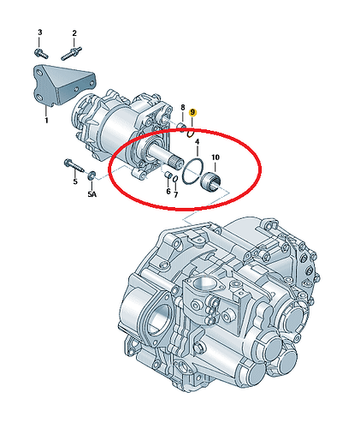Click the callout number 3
pyautogui.click(x=40, y=33)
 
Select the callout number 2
pyautogui.click(x=74, y=33)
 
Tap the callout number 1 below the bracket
pyautogui.click(x=46, y=121)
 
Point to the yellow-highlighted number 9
pyautogui.click(x=193, y=112)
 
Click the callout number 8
pyautogui.click(x=183, y=108)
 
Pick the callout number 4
pyautogui.click(x=198, y=142)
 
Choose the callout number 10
pyautogui.click(x=215, y=157)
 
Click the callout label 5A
pyautogui.click(x=91, y=194)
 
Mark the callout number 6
pyautogui.click(x=168, y=191)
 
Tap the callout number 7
pyautogui.click(x=176, y=195)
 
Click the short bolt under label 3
pyautogui.click(x=41, y=53)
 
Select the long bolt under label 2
pyautogui.click(x=72, y=53)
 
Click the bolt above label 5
pyautogui.click(x=74, y=166)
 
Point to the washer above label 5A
pyautogui.click(x=91, y=175)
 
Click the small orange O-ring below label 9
pyautogui.click(x=191, y=134)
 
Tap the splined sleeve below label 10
pyautogui.click(x=211, y=182)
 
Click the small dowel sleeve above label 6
pyautogui.click(x=168, y=175)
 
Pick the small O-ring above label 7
pyautogui.click(x=175, y=179)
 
